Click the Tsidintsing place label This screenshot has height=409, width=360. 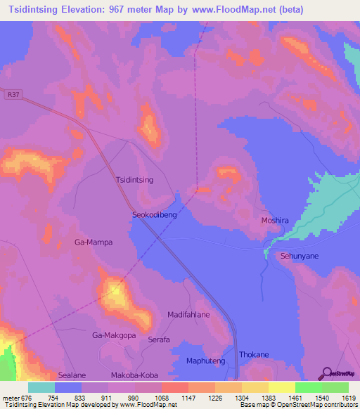coord(134,180)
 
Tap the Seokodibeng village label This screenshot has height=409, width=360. coord(154,216)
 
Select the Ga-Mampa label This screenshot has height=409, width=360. coord(94,242)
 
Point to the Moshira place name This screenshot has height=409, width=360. coord(275,220)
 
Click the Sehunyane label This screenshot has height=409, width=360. coord(300,257)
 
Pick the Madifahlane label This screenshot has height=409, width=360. coord(188,315)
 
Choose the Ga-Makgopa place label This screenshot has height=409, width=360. coord(114,336)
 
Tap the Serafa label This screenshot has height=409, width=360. coord(159,339)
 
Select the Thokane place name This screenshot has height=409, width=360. coord(254,355)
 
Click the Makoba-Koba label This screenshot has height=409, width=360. coord(134,375)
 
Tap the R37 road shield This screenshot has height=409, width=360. coord(12,93)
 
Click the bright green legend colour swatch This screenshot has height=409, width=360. coord(308,387)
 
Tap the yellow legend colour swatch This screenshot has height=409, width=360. coord(281,387)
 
